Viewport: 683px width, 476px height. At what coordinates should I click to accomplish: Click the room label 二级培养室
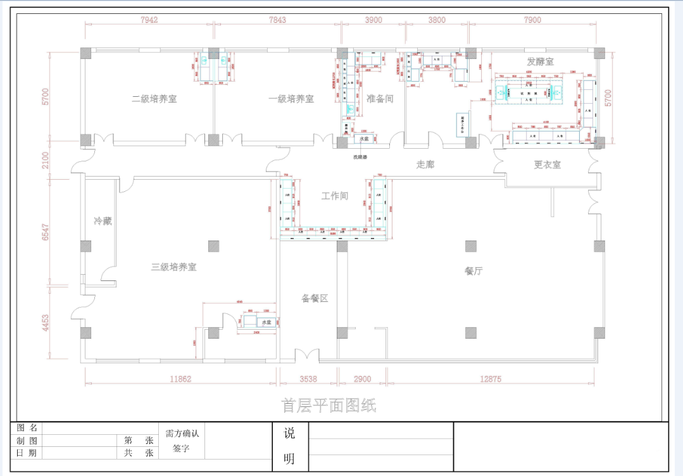(x=154, y=99)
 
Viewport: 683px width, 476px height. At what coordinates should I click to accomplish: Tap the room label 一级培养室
(x=291, y=99)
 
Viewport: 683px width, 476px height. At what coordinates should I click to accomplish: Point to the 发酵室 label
(x=540, y=61)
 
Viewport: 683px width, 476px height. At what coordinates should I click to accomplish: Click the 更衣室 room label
(x=547, y=165)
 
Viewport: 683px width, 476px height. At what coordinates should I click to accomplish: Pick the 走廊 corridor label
(x=425, y=165)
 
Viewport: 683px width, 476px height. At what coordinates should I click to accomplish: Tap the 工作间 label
(x=334, y=196)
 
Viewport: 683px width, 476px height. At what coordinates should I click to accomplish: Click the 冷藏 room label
(x=103, y=221)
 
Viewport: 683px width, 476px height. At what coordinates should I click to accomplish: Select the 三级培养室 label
(x=173, y=267)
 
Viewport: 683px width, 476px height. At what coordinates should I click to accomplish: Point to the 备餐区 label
(x=315, y=298)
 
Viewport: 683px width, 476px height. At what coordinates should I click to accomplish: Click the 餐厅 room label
(x=473, y=271)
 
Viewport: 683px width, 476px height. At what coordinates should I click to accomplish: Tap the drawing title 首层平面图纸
(x=329, y=406)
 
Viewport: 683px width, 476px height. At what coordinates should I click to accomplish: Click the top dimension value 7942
(x=149, y=20)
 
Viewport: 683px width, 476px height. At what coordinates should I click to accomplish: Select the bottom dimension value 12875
(x=491, y=379)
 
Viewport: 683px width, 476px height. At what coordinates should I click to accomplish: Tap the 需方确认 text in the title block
(x=182, y=434)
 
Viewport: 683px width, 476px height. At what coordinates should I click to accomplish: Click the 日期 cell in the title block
(x=27, y=453)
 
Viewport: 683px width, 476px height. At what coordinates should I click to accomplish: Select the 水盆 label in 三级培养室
(x=267, y=322)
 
